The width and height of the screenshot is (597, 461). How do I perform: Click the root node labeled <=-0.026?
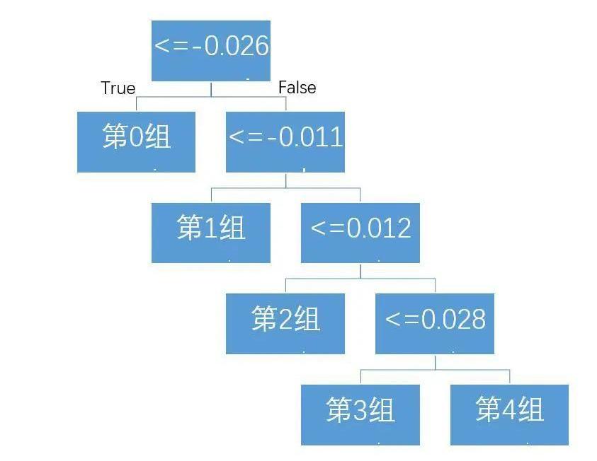211,51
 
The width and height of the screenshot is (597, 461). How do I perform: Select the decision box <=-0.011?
285,141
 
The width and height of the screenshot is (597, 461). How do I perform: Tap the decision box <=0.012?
360,233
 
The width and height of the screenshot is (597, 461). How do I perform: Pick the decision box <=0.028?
435,323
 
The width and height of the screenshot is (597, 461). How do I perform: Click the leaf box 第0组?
136,141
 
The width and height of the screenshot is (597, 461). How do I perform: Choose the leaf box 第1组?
211,233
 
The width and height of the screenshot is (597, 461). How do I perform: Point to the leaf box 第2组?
285,323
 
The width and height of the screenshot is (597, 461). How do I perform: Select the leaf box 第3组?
360,414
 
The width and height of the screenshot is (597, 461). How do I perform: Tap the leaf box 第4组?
509,414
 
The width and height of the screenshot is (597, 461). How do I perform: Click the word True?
118,88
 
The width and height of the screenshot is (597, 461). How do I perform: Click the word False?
297,88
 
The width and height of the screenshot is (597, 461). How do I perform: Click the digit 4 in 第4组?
509,409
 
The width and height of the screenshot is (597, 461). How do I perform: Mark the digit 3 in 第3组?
360,410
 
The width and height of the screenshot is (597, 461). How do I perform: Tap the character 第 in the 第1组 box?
189,227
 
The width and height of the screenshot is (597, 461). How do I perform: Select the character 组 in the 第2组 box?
307,318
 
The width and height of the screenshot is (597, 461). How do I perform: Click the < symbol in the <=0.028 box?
392,319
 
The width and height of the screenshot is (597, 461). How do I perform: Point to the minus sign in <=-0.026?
197,47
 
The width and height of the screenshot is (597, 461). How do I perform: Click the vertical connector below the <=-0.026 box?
211,89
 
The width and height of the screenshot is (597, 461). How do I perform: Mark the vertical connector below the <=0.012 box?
360,271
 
